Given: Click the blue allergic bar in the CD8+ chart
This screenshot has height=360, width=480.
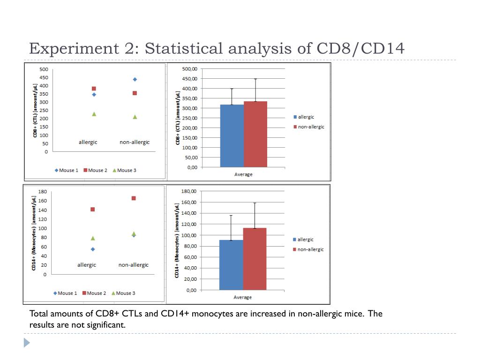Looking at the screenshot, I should (x=232, y=135).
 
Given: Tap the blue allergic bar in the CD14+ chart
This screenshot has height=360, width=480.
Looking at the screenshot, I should (x=232, y=265).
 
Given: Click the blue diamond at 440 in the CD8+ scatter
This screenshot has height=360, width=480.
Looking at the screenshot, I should (x=135, y=79).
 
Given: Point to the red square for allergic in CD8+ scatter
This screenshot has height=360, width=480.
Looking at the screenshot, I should (x=94, y=89).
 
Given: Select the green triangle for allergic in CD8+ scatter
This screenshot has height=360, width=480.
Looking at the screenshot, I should (x=94, y=114).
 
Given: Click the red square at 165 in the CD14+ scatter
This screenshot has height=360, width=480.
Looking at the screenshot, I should (x=134, y=198).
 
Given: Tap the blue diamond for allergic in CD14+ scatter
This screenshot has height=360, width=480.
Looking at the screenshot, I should (x=93, y=249).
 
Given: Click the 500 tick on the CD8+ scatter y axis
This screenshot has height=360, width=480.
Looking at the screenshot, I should (x=43, y=69).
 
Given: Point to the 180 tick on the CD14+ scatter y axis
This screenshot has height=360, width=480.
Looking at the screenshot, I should (x=42, y=191).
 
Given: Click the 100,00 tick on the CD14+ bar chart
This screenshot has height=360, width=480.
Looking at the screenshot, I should (x=188, y=235).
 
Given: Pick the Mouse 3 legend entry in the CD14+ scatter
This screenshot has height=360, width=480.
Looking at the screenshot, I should (x=123, y=293).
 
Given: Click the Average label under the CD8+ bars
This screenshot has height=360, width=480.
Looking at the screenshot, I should (x=243, y=174).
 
